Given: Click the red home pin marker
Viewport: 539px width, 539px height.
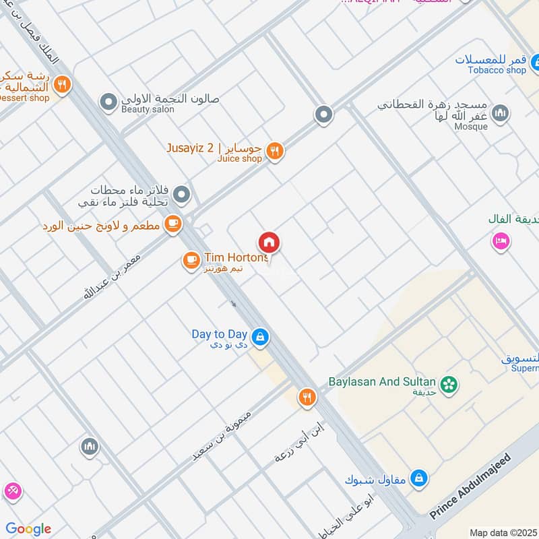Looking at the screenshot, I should [269, 243].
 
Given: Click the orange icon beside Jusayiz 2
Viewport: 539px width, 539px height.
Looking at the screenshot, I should [274, 152].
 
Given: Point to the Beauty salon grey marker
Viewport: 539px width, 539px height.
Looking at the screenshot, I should [108, 102].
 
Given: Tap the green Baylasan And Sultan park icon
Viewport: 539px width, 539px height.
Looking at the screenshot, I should [449, 384].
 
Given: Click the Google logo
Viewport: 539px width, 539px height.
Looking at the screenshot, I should [28, 528].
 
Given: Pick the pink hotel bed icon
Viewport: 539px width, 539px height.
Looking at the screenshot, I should [500, 241].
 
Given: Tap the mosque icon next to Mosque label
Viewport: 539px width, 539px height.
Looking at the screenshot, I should [499, 113].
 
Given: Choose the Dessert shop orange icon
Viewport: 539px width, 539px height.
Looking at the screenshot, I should [62, 85].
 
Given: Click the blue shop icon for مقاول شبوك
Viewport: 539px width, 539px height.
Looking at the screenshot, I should [419, 478].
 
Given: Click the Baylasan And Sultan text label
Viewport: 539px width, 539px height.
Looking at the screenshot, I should [382, 381].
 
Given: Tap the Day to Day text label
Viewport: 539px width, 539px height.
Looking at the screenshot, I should [219, 334].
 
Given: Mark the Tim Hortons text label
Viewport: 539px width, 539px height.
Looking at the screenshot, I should [236, 257].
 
